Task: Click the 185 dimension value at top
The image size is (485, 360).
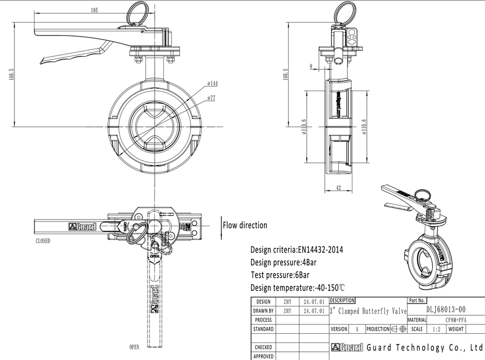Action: (94, 10)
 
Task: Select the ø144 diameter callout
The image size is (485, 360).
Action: (213, 83)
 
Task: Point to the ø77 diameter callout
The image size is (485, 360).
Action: (211, 97)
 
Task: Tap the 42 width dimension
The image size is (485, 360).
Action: (338, 188)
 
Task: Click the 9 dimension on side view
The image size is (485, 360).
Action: (311, 66)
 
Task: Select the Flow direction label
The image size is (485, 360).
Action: (245, 225)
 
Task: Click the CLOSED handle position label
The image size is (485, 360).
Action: (43, 241)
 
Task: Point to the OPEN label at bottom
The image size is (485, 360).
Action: (134, 347)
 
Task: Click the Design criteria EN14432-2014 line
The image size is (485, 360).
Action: (296, 250)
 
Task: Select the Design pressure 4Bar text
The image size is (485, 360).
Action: (283, 262)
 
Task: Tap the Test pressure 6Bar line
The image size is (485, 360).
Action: (279, 275)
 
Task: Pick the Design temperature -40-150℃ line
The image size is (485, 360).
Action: (297, 287)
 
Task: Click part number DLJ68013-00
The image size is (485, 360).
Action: (446, 310)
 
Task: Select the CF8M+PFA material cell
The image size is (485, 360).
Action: (452, 320)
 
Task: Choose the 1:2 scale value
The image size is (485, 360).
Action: (436, 329)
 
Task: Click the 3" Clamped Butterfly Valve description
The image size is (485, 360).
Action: (368, 311)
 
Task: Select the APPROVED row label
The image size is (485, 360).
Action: (264, 356)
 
